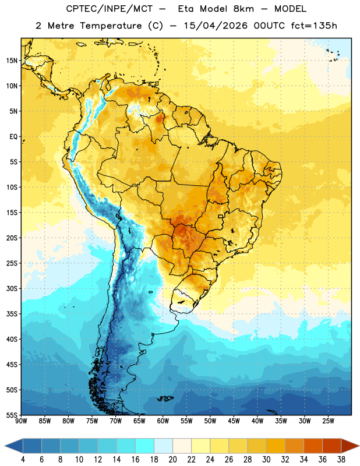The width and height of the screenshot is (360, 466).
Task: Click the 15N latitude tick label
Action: point(12,61)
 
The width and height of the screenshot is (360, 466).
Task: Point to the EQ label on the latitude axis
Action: point(13,137)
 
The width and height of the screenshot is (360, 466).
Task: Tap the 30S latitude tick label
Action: point(12,288)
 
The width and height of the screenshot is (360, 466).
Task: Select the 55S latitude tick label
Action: point(12,415)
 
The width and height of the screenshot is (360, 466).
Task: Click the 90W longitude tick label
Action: point(21,421)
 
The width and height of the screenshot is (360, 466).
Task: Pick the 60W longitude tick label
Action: point(163,421)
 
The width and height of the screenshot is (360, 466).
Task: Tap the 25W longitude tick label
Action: point(328,421)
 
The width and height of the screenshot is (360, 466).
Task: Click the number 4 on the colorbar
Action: point(23,460)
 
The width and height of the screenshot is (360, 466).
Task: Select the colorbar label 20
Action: point(172,460)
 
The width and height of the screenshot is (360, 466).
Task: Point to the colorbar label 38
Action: point(341,460)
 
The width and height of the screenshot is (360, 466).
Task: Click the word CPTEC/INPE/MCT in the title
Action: point(110,9)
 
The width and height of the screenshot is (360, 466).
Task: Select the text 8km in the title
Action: point(243,9)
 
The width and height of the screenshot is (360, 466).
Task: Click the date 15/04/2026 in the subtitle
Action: point(216,26)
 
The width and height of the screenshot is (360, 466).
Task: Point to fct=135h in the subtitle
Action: point(314,26)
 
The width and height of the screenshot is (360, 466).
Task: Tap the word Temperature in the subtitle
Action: point(111,26)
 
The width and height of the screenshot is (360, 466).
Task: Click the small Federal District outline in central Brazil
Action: point(221,216)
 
